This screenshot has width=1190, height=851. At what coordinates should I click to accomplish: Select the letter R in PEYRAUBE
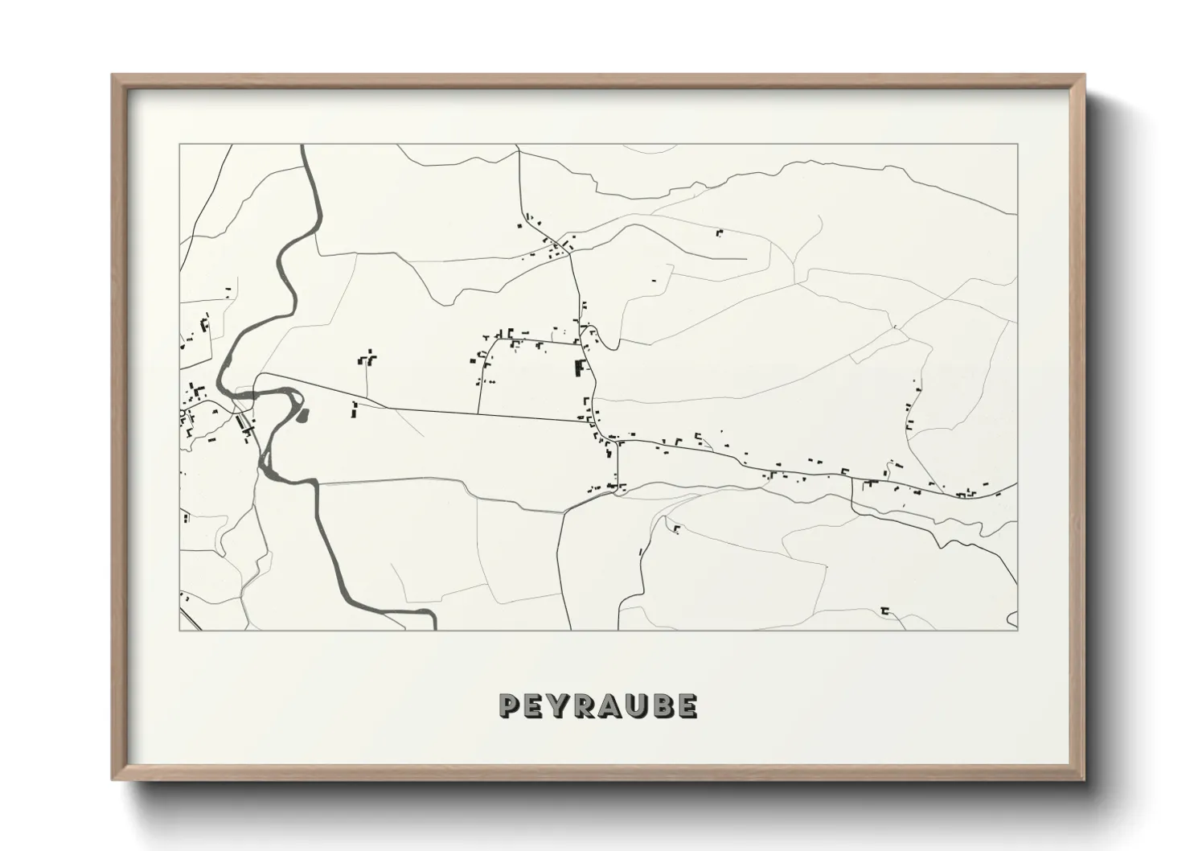(x=586, y=705)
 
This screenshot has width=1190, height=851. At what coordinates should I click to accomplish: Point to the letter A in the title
(x=612, y=705)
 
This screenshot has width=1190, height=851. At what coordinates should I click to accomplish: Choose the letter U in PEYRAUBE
(x=638, y=705)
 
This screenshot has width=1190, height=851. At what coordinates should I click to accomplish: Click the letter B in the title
(x=663, y=705)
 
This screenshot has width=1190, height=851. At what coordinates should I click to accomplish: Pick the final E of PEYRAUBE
(x=687, y=705)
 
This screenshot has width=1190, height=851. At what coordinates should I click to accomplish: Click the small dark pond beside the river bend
(x=303, y=415)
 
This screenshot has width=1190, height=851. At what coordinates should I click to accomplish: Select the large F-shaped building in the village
(x=579, y=368)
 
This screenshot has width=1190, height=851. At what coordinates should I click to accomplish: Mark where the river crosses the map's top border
(x=304, y=146)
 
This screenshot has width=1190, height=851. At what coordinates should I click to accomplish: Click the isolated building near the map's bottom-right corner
(x=884, y=610)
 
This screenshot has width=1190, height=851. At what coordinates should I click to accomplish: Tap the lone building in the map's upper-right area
(x=720, y=233)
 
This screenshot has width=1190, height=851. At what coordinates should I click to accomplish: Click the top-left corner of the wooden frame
(x=113, y=76)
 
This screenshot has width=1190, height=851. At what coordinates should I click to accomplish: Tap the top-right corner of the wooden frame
(x=1084, y=76)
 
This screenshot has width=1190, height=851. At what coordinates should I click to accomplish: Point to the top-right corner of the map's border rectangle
(x=1017, y=145)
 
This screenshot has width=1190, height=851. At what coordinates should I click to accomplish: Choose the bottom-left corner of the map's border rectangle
(x=179, y=630)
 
